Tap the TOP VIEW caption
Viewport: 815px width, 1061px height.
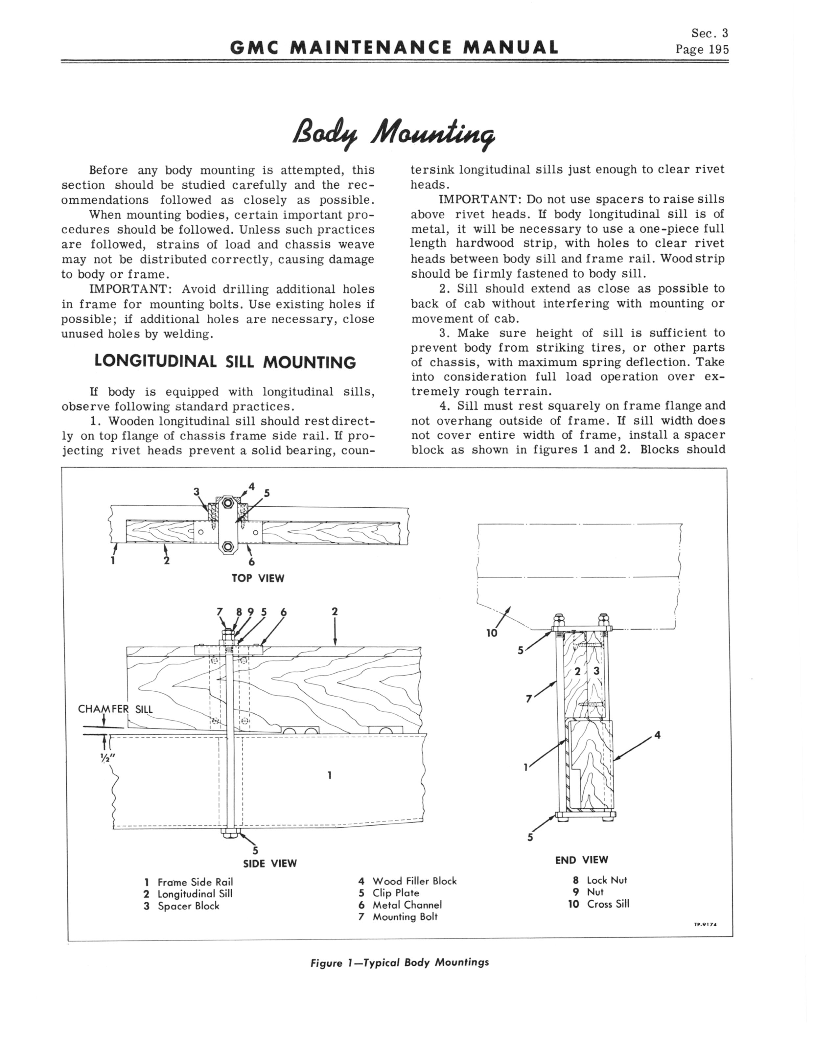pyautogui.click(x=258, y=578)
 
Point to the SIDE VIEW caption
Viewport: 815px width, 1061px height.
pyautogui.click(x=270, y=863)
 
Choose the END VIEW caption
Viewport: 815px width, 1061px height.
pyautogui.click(x=581, y=860)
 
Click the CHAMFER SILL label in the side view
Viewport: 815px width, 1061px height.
pyautogui.click(x=115, y=709)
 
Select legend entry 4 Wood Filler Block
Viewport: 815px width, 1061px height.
pyautogui.click(x=407, y=881)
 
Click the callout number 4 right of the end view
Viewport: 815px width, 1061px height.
pyautogui.click(x=657, y=735)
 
